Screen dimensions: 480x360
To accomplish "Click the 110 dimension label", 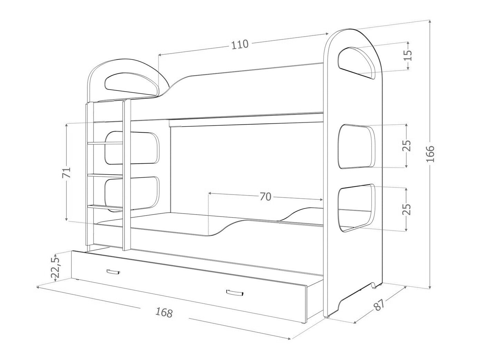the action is pos(240,45).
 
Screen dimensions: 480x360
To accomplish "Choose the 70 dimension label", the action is pos(266,197).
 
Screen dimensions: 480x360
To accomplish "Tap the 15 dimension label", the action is pos(407,56).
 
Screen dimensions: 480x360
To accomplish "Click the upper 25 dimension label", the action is pos(407,145).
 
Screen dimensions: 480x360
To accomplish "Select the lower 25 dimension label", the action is pos(406,209).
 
